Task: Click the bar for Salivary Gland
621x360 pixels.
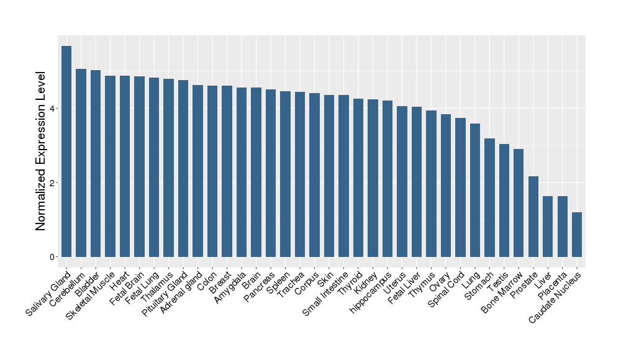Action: (66, 151)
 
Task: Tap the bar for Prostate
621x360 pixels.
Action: (533, 217)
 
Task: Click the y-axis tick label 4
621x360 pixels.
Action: (53, 109)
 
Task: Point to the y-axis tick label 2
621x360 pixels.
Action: (53, 183)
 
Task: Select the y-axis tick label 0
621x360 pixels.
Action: (53, 257)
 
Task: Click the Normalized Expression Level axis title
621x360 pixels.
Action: (41, 151)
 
